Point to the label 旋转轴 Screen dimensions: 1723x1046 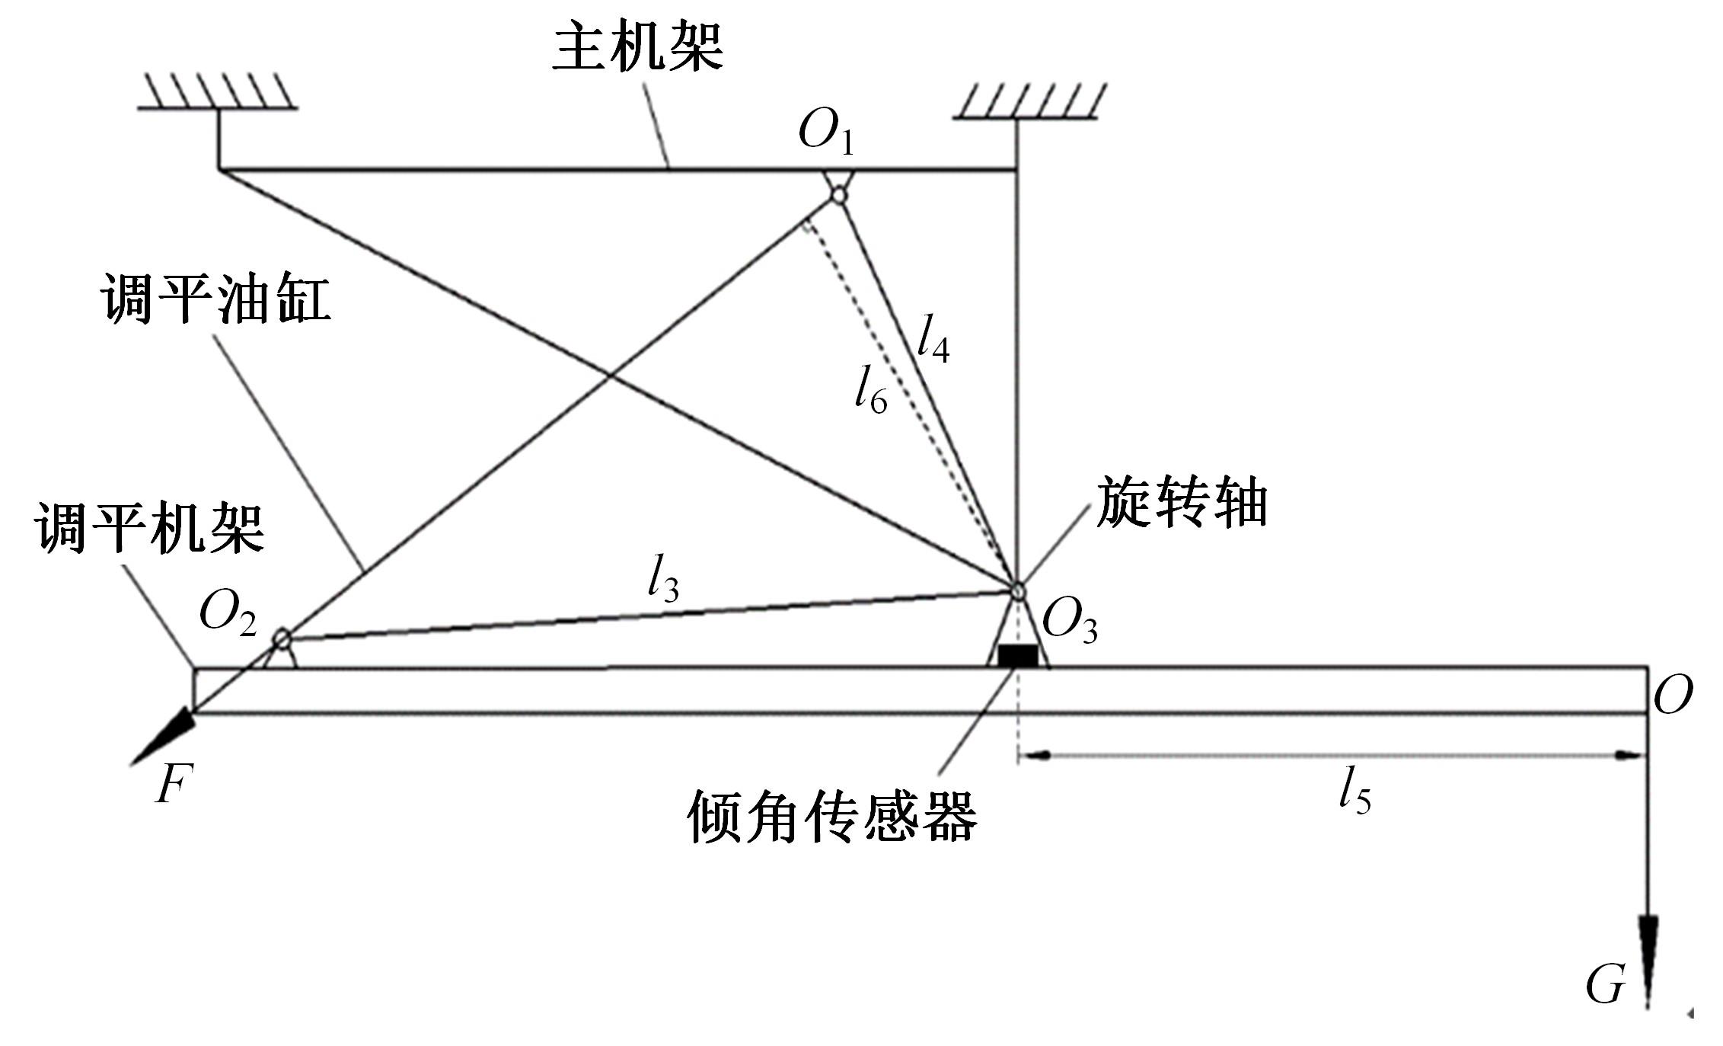[1182, 503]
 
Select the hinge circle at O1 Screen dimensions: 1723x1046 [838, 195]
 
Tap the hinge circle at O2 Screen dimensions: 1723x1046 [282, 638]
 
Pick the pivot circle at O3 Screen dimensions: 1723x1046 [1018, 590]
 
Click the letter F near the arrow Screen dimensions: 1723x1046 [174, 785]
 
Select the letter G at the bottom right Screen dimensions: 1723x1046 [1606, 985]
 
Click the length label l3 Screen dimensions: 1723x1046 [662, 581]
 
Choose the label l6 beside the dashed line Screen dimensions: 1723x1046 [870, 390]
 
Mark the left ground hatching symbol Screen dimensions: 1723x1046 [218, 91]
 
